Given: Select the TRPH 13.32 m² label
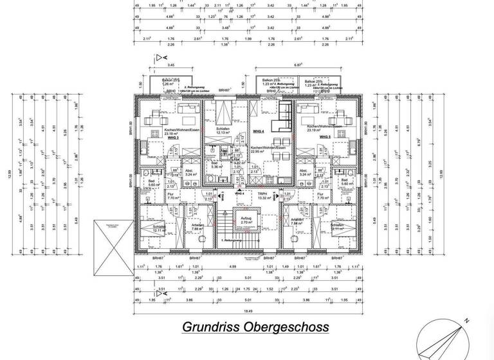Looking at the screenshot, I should [x=262, y=195].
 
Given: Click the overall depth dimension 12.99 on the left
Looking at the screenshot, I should [x=8, y=174].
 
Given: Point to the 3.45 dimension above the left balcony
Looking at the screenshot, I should [x=170, y=66].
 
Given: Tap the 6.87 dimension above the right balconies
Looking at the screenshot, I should [x=298, y=66].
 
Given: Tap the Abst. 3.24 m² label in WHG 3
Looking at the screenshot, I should [x=190, y=172].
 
